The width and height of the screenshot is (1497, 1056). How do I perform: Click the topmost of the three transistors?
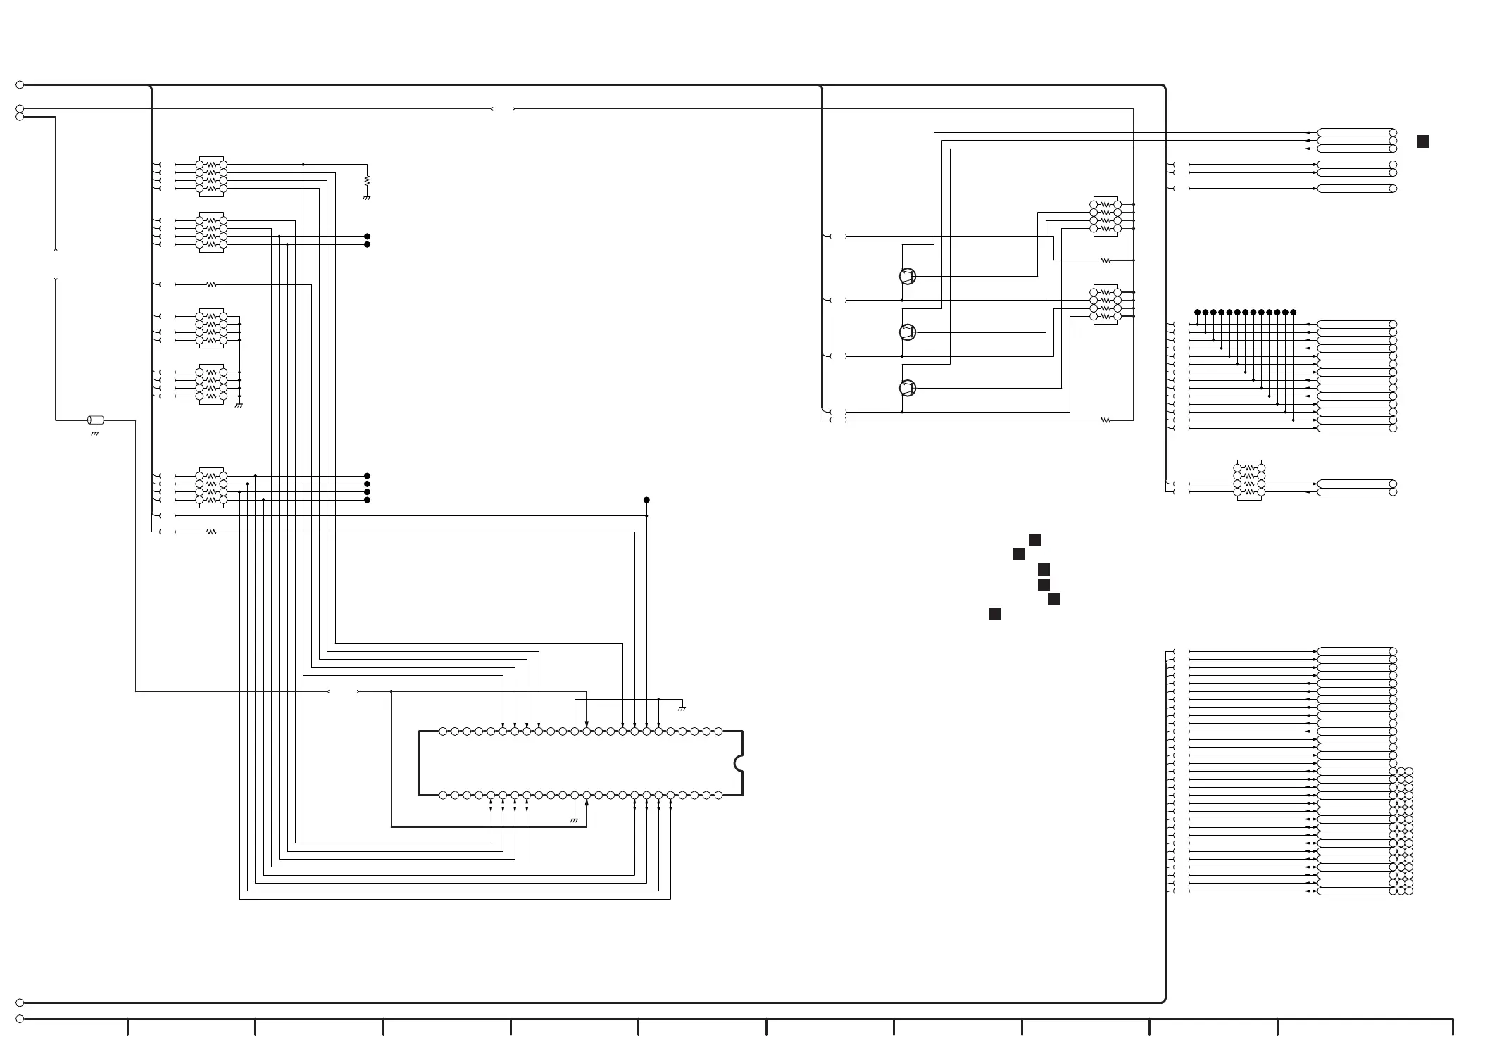pyautogui.click(x=908, y=276)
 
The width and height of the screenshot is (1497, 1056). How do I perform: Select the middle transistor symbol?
pyautogui.click(x=908, y=332)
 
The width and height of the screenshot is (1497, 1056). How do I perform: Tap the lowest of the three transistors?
pyautogui.click(x=908, y=388)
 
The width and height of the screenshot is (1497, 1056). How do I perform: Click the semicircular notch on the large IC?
pyautogui.click(x=738, y=763)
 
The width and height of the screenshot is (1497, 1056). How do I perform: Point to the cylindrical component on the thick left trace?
pyautogui.click(x=96, y=420)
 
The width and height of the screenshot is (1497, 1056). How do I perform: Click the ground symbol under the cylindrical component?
pyautogui.click(x=95, y=433)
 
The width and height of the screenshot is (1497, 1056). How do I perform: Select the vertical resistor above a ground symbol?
pyautogui.click(x=367, y=181)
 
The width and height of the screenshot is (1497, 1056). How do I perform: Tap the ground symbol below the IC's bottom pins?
pyautogui.click(x=575, y=820)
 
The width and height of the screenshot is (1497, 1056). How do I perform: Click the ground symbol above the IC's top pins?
pyautogui.click(x=682, y=708)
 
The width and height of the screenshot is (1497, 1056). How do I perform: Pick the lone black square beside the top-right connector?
pyautogui.click(x=1423, y=142)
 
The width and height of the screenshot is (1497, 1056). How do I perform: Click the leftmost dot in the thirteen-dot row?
pyautogui.click(x=1197, y=312)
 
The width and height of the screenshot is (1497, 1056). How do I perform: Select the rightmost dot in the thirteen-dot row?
pyautogui.click(x=1294, y=312)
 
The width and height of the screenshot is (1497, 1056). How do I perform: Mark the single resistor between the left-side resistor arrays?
pyautogui.click(x=211, y=284)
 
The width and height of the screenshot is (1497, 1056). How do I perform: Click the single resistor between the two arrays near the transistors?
pyautogui.click(x=1105, y=260)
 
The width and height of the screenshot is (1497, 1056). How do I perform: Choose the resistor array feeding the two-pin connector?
pyautogui.click(x=1249, y=480)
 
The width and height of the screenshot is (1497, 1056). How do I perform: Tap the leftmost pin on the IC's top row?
pyautogui.click(x=443, y=731)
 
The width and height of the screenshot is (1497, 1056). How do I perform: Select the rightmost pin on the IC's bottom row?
pyautogui.click(x=718, y=796)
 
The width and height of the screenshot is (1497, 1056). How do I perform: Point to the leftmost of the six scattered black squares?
pyautogui.click(x=994, y=614)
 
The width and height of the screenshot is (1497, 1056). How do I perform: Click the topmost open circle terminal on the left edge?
pyautogui.click(x=20, y=84)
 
